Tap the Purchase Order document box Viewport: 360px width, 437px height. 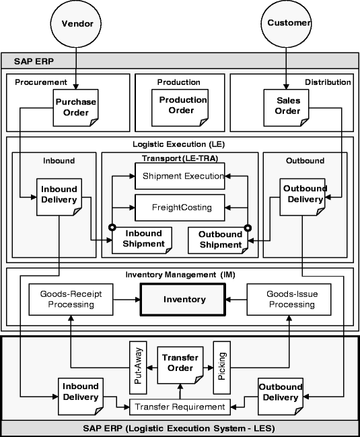coord(75,107)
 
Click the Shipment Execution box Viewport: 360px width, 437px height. coord(179,176)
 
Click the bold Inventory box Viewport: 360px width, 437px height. coord(182,299)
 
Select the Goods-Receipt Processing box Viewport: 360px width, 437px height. coord(71,299)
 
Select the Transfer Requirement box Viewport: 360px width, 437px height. coord(179,407)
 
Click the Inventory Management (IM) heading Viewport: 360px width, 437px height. coord(180,275)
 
